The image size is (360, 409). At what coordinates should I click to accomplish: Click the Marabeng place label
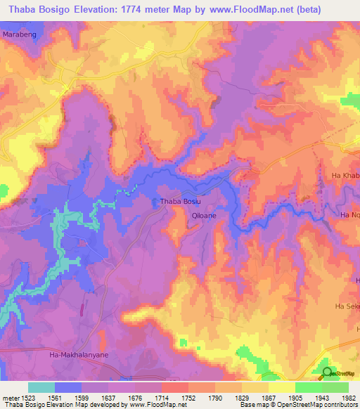pyautogui.click(x=20, y=33)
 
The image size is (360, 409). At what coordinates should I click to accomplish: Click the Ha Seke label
pyautogui.click(x=347, y=306)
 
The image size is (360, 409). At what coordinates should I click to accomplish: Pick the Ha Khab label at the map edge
pyautogui.click(x=345, y=174)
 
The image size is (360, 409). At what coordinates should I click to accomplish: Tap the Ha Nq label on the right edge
pyautogui.click(x=349, y=215)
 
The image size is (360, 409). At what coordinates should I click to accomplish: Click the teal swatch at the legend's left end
pyautogui.click(x=41, y=387)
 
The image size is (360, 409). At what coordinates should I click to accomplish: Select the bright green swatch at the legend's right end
pyautogui.click(x=335, y=387)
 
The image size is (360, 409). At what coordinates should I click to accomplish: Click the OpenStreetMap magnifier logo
pyautogui.click(x=327, y=373)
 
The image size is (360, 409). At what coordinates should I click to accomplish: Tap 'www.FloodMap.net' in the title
pyautogui.click(x=249, y=9)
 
